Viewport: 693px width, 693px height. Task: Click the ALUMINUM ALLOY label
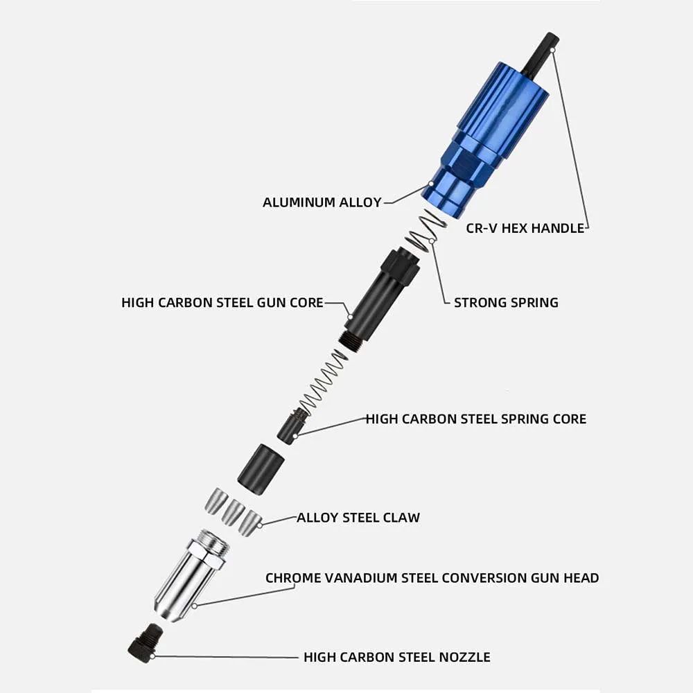(322, 202)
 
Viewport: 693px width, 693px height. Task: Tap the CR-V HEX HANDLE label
(525, 228)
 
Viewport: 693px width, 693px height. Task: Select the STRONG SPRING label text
(506, 302)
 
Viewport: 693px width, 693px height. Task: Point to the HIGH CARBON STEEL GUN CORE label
(222, 303)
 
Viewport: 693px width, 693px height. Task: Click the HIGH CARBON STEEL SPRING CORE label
(475, 419)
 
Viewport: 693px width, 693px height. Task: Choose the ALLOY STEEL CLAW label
(358, 518)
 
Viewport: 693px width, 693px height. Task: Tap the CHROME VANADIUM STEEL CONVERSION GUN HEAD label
(432, 577)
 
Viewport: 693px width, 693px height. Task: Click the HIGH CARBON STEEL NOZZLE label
(396, 657)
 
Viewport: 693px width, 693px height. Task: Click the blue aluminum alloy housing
(489, 139)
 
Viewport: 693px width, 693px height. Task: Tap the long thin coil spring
(323, 382)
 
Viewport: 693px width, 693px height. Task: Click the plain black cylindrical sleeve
(261, 468)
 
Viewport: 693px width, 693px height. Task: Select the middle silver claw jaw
(233, 511)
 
